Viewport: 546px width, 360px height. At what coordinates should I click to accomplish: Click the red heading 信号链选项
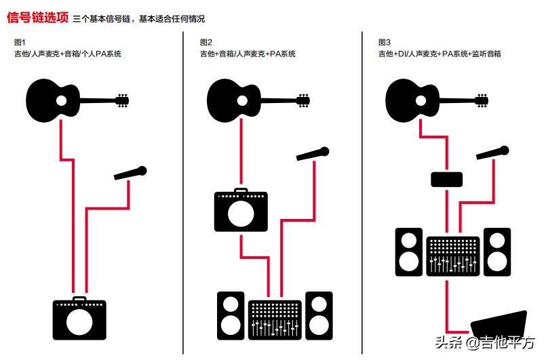(x=37, y=18)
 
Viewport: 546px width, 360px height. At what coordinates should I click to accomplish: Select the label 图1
(x=20, y=43)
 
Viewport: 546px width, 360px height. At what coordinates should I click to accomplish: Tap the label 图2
(x=207, y=43)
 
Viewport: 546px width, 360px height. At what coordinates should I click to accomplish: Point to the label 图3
(x=385, y=43)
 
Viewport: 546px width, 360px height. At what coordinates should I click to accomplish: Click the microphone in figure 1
(x=130, y=173)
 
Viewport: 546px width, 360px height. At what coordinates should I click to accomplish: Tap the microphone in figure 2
(x=313, y=154)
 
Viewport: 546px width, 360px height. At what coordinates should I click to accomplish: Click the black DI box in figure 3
(x=447, y=179)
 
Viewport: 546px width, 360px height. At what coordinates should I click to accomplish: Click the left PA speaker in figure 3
(x=409, y=251)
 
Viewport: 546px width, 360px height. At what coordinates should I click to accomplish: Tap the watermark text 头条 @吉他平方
(x=485, y=343)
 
